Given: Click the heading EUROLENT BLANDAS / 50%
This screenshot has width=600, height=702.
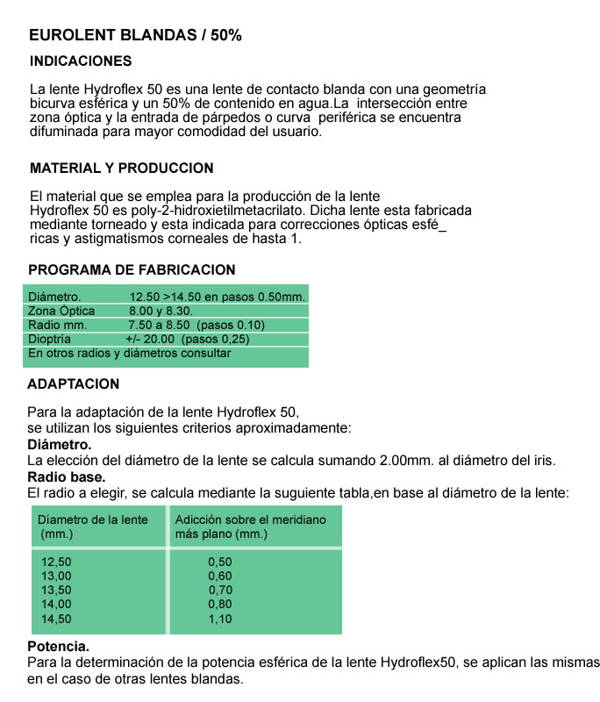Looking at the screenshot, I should [x=135, y=36].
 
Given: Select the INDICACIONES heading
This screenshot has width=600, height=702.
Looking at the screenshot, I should [x=81, y=61].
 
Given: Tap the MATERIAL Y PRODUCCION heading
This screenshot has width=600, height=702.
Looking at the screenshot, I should [x=121, y=168].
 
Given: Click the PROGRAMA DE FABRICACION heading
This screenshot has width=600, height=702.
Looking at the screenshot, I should [x=132, y=270].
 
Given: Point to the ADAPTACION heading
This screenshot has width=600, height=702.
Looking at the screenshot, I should [x=74, y=384].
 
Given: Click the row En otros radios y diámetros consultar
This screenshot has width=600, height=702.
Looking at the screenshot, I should [x=130, y=353].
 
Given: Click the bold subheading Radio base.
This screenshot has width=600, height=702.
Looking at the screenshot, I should [x=67, y=477].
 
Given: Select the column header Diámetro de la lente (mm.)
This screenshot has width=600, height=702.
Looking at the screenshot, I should [x=93, y=526].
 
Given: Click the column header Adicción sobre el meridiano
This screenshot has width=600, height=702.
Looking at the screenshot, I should [x=250, y=519].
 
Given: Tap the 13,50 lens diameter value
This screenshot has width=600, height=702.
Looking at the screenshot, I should [x=57, y=590].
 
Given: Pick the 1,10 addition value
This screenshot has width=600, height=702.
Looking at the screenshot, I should [x=220, y=619].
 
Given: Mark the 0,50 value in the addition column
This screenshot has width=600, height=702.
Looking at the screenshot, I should [x=220, y=562].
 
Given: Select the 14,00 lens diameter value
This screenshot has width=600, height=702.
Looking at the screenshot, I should [x=57, y=605].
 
